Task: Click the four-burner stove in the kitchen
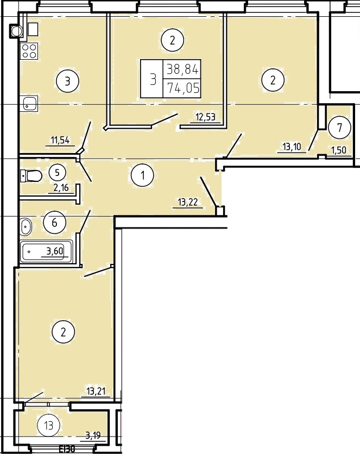pos(29,51)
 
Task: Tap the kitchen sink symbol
pos(30,104)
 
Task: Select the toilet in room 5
pos(31,175)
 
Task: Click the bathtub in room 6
pos(47,251)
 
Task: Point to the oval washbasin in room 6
pos(26,226)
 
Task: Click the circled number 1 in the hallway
pos(142,175)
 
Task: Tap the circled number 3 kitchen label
pos(67,81)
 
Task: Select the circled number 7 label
pos(339,128)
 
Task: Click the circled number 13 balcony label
pos(49,426)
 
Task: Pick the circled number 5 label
pos(57,173)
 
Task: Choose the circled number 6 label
pos(54,223)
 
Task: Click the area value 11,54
pos(60,141)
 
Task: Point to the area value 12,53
pos(206,117)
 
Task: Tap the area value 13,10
pos(292,147)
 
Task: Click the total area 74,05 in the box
pos(183,88)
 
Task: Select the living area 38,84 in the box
pos(182,69)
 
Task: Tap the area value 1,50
pos(339,150)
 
